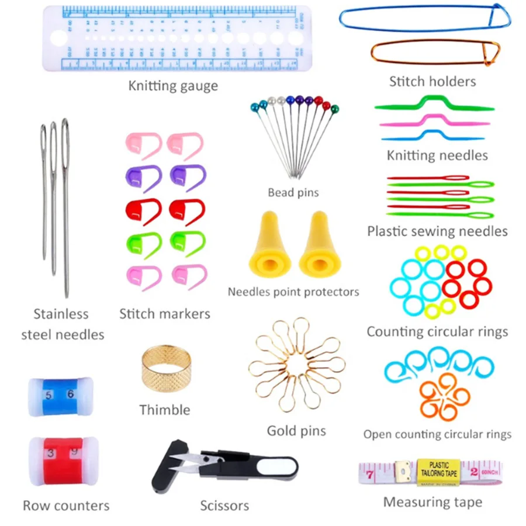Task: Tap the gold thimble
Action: pos(166,368)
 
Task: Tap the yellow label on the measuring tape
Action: pos(439,470)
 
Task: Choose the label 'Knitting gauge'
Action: pos(173,86)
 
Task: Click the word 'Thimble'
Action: pos(165,410)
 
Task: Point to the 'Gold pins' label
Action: pos(296,431)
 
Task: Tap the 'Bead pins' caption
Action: pos(293,192)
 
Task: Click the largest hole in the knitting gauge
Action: pos(58,39)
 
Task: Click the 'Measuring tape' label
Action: pos(432,502)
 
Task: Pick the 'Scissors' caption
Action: pos(224,505)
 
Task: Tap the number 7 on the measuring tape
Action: pos(370,474)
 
